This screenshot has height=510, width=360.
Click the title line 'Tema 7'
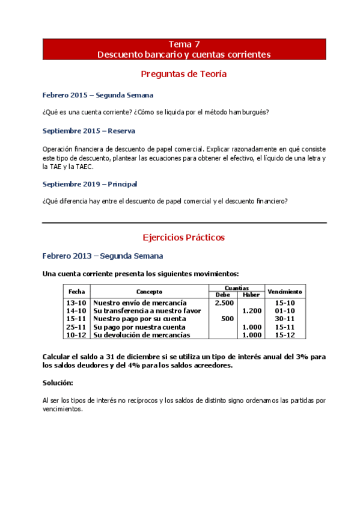(184, 44)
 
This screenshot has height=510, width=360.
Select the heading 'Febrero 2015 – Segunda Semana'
(97, 95)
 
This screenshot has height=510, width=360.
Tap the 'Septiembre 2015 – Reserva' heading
(88, 131)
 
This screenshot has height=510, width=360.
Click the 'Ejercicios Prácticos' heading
(183, 237)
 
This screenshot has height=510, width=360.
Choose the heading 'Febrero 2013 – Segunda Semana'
(102, 256)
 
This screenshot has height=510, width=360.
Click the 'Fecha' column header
(77, 291)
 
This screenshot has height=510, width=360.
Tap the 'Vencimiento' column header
(284, 291)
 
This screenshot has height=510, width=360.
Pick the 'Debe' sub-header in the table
(222, 295)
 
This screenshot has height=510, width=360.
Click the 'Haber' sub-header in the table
(251, 295)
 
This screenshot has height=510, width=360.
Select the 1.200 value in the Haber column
(252, 310)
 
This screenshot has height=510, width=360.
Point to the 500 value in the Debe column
(227, 318)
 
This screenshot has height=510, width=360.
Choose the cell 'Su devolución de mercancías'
(142, 334)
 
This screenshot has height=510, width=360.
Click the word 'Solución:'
(58, 382)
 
